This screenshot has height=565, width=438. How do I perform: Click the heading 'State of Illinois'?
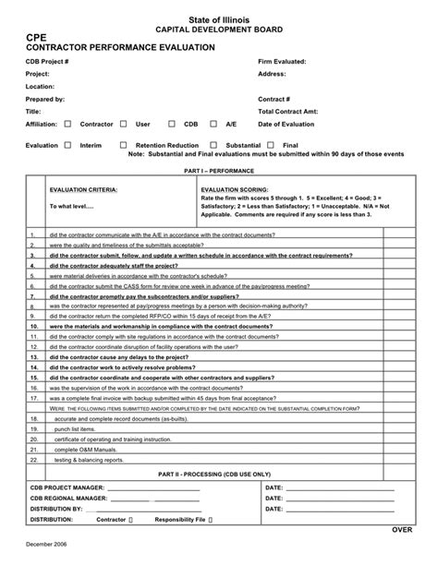pyautogui.click(x=219, y=18)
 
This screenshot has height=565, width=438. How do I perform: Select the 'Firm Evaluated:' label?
pyautogui.click(x=282, y=60)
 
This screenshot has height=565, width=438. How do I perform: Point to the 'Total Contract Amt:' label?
pyautogui.click(x=290, y=110)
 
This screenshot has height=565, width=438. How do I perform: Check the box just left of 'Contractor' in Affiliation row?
pyautogui.click(x=68, y=122)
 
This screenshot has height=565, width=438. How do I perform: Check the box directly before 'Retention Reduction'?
pyautogui.click(x=125, y=145)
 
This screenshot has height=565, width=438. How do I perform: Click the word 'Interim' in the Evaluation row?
pyautogui.click(x=91, y=146)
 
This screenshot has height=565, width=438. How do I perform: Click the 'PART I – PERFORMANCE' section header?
pyautogui.click(x=219, y=172)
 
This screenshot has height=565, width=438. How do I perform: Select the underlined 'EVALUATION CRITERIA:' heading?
pyautogui.click(x=82, y=188)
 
